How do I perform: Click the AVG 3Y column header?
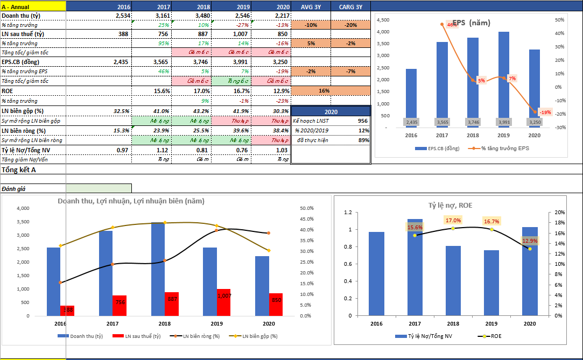tap(310, 6)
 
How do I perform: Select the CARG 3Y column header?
tap(350, 6)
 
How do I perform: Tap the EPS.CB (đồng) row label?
tap(18, 62)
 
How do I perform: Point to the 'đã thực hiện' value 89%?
tap(363, 140)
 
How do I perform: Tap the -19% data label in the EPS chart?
tap(545, 112)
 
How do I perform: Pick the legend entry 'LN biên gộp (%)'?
tap(259, 336)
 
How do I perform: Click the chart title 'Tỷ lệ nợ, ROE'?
tap(450, 205)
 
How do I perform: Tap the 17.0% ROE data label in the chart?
tap(453, 220)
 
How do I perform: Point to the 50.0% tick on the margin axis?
tap(306, 208)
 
